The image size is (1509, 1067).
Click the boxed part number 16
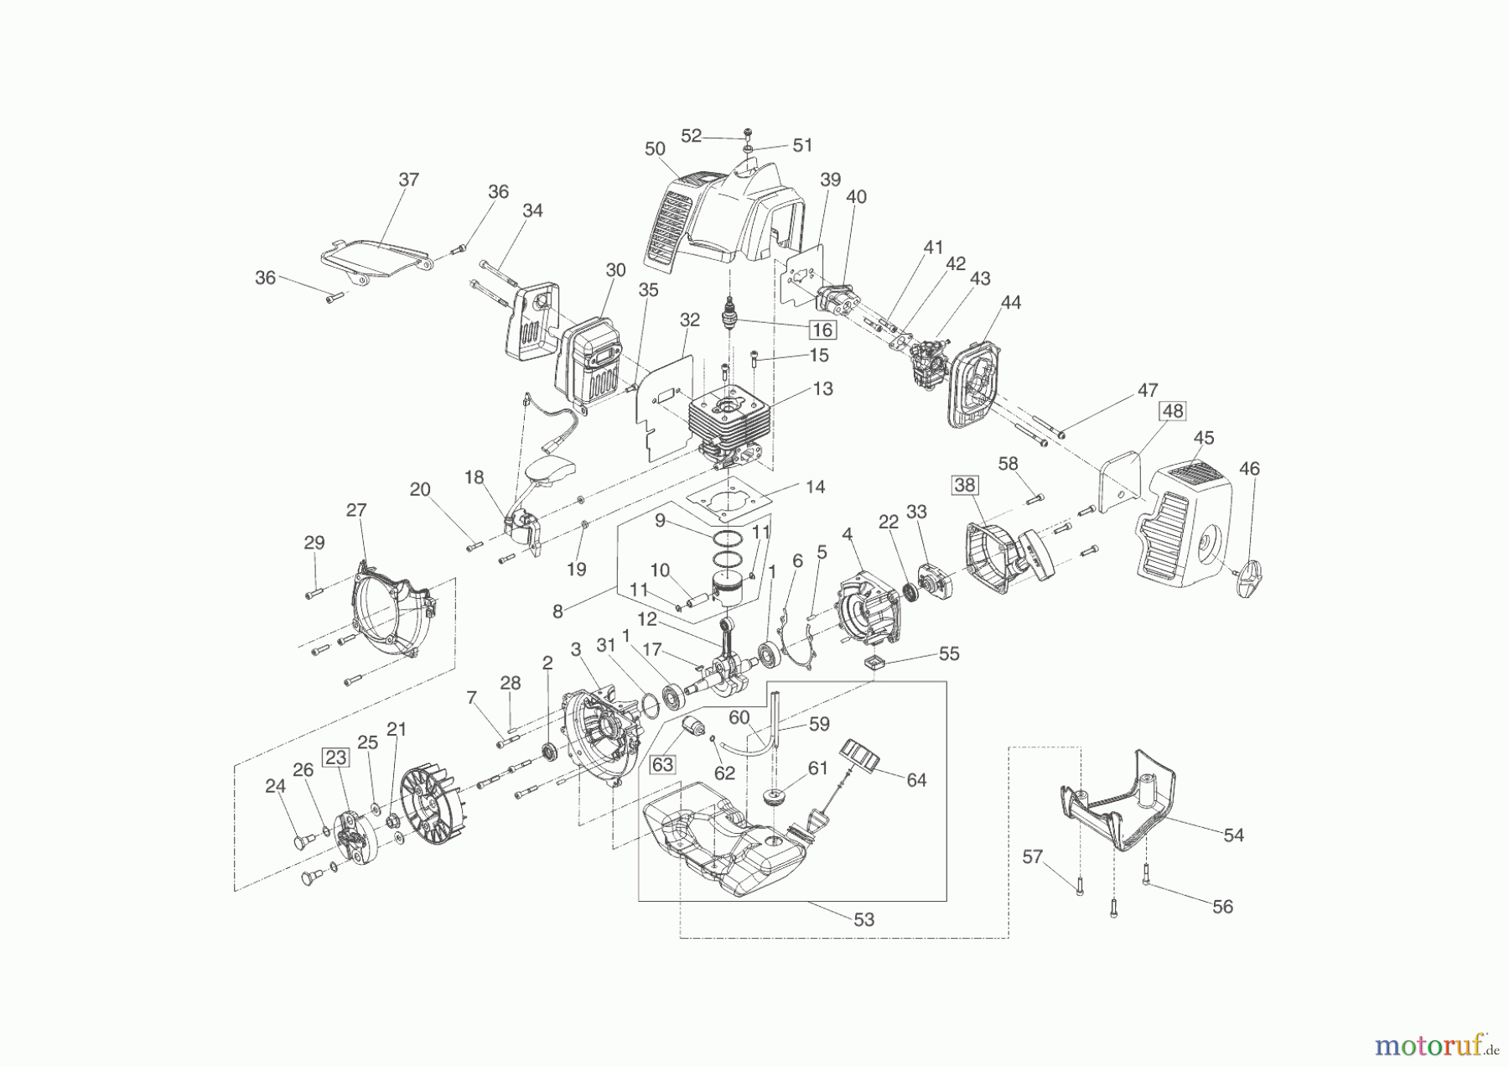822,330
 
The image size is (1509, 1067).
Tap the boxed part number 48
1172,411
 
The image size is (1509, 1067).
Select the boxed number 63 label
662,764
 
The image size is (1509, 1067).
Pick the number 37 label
408,180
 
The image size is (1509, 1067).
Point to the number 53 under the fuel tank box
863,919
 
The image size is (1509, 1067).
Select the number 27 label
356,510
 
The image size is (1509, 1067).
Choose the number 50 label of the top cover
655,148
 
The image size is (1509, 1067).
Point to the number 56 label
1222,907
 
